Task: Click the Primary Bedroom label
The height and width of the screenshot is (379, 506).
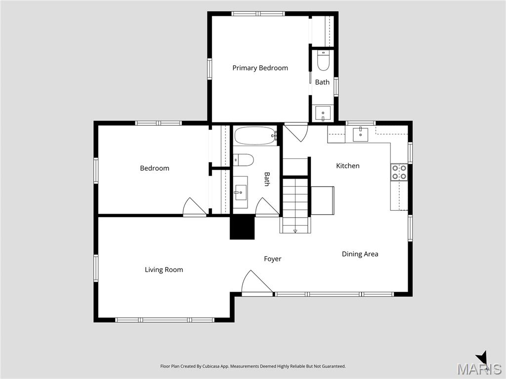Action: (x=260, y=68)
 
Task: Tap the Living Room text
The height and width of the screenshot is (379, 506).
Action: (x=164, y=270)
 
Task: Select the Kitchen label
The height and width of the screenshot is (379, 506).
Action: (x=348, y=166)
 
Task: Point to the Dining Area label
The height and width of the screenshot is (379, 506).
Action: (x=360, y=254)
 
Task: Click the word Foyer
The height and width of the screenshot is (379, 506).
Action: (x=273, y=259)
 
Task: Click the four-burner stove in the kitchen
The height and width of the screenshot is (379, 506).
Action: (x=399, y=172)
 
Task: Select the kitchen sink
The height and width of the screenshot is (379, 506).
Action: (x=360, y=134)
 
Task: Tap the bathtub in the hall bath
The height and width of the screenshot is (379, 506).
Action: (x=255, y=136)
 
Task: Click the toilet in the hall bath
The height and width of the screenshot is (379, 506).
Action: (x=243, y=160)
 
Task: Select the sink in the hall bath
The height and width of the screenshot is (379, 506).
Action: (x=240, y=192)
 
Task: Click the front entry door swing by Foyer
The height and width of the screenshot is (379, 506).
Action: (x=257, y=283)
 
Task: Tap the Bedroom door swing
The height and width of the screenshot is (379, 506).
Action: (x=194, y=207)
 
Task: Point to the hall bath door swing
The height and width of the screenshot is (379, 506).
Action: (x=267, y=207)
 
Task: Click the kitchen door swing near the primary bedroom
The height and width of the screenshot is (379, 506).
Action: (x=296, y=132)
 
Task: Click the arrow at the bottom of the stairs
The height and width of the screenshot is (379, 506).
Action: (x=295, y=231)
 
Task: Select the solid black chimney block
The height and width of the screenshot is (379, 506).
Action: (x=242, y=228)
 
